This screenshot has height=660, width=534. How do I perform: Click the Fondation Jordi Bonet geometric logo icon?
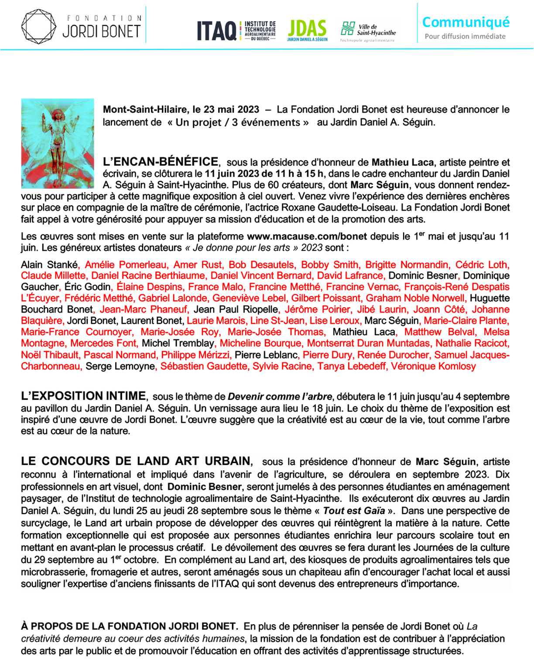[x=39, y=26]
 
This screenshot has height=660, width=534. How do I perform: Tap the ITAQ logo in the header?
[x=216, y=31]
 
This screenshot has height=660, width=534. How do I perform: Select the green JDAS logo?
[x=307, y=30]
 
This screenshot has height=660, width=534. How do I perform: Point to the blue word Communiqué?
[x=466, y=22]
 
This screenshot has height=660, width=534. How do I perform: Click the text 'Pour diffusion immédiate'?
[x=465, y=37]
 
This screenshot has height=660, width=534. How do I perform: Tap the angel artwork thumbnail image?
[x=58, y=143]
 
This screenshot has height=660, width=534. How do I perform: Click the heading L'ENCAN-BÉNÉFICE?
[x=161, y=162]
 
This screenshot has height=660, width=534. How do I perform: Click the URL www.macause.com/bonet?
[x=307, y=236]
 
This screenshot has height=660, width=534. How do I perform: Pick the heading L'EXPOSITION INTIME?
[x=83, y=396]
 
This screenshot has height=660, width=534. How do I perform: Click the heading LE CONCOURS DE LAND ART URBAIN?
[x=136, y=461]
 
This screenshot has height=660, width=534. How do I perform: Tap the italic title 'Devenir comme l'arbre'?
[x=280, y=397]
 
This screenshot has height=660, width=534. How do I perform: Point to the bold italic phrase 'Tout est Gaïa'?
[x=354, y=510]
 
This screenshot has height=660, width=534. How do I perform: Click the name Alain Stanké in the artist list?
[x=49, y=265]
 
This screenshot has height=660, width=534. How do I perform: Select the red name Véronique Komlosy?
[x=433, y=366]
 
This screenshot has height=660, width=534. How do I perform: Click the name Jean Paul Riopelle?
[x=236, y=310]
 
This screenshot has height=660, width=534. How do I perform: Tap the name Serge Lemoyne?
[x=120, y=366]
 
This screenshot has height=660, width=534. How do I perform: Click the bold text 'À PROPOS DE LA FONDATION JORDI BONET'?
[x=128, y=626]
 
